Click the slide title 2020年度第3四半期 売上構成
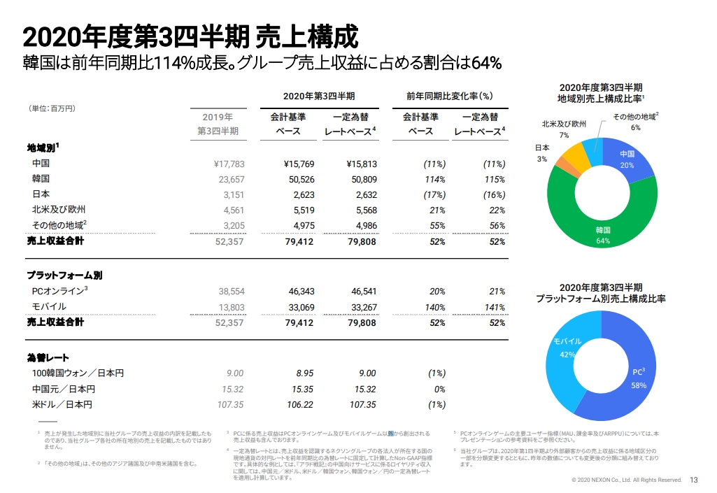point(190,35)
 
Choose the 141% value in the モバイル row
point(494,307)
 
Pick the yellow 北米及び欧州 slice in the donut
point(576,156)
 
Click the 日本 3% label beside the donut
point(542,153)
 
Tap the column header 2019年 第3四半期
point(218,124)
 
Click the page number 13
point(694,480)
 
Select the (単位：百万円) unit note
point(52,108)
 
